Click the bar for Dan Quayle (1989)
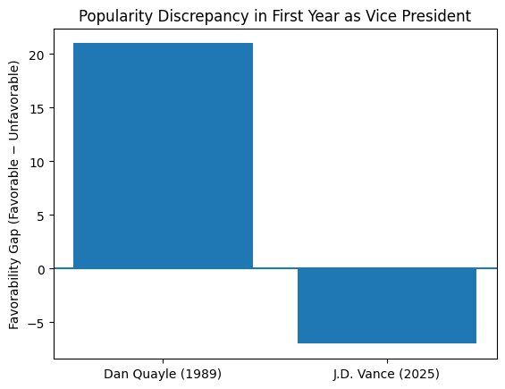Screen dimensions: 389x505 click(163, 156)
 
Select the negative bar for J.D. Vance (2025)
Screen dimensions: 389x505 click(387, 305)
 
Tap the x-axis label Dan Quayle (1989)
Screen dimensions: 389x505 click(163, 371)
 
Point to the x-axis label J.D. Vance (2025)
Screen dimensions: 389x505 click(387, 371)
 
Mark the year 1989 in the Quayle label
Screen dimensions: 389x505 click(204, 371)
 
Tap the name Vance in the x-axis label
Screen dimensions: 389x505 click(387, 371)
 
